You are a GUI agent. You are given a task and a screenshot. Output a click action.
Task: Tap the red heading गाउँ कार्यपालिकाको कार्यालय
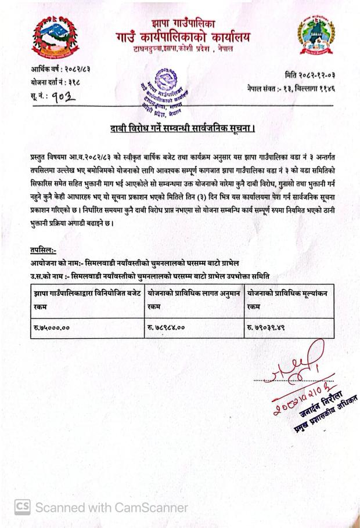point(183,37)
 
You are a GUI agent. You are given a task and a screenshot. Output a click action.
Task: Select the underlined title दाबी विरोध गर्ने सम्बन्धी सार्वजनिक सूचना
point(183,128)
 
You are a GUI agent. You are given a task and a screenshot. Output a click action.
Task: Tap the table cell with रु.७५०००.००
point(87,328)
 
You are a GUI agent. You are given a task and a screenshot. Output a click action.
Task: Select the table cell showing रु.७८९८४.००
point(194,328)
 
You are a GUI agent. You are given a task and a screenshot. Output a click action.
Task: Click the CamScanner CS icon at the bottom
point(21,507)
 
